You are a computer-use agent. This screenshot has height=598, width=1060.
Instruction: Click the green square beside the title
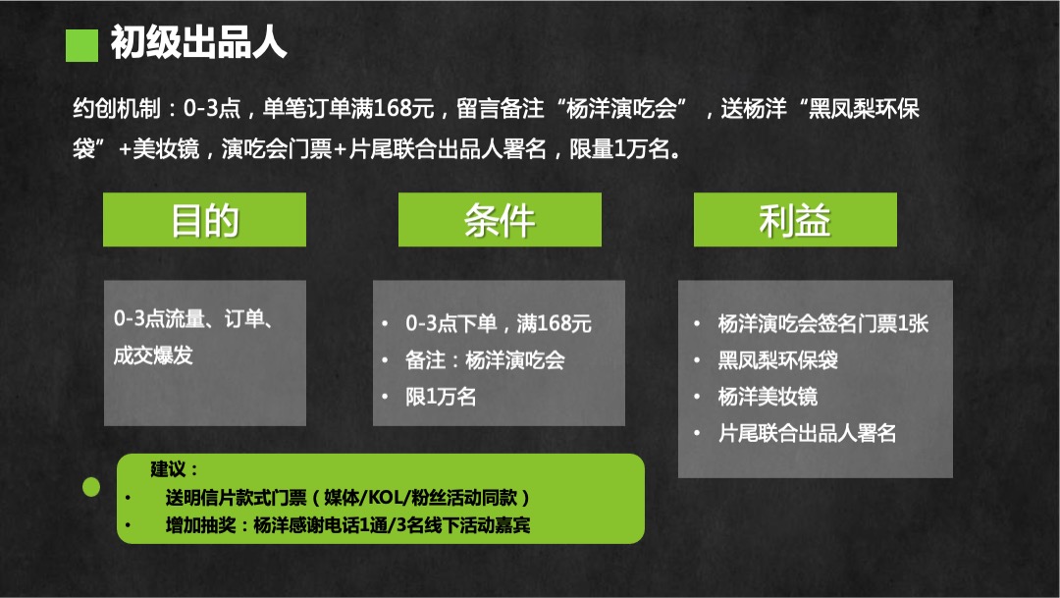pyautogui.click(x=81, y=45)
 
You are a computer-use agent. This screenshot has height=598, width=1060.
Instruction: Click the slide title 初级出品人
pyautogui.click(x=198, y=42)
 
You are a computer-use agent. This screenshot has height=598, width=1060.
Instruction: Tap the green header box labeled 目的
pyautogui.click(x=204, y=220)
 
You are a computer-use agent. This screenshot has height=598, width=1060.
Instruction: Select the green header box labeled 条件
pyautogui.click(x=500, y=220)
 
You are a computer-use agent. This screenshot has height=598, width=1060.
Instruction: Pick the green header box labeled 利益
pyautogui.click(x=795, y=220)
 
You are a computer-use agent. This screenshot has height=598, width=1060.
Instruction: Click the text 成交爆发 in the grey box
pyautogui.click(x=153, y=355)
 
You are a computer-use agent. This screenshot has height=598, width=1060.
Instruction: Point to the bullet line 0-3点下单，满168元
pyautogui.click(x=499, y=323)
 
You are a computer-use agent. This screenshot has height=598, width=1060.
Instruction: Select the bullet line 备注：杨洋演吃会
pyautogui.click(x=485, y=360)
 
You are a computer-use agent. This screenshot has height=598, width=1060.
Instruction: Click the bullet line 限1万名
pyautogui.click(x=441, y=397)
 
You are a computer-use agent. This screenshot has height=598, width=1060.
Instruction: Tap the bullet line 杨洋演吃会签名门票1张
pyautogui.click(x=822, y=323)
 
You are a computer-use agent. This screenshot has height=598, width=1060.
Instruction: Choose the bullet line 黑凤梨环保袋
pyautogui.click(x=777, y=360)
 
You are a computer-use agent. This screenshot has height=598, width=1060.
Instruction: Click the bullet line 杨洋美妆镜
pyautogui.click(x=768, y=397)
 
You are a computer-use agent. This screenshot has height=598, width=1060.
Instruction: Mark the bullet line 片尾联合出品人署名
pyautogui.click(x=807, y=433)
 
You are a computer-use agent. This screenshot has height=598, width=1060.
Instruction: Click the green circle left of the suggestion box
pyautogui.click(x=91, y=486)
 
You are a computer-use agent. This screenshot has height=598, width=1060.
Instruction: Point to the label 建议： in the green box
pyautogui.click(x=175, y=468)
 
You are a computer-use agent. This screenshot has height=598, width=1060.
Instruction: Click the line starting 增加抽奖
pyautogui.click(x=348, y=525)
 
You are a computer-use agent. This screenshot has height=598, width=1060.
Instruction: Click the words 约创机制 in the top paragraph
pyautogui.click(x=117, y=108)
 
